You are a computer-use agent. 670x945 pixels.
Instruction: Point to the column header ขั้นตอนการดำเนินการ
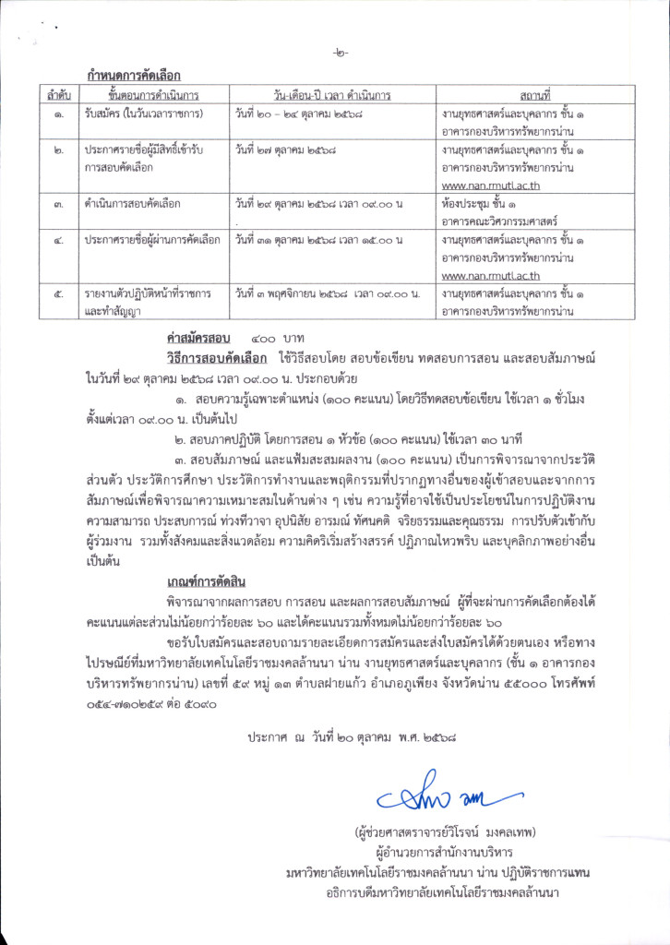pos(153,96)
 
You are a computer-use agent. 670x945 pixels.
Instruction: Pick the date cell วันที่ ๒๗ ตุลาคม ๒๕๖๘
pos(286,150)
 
